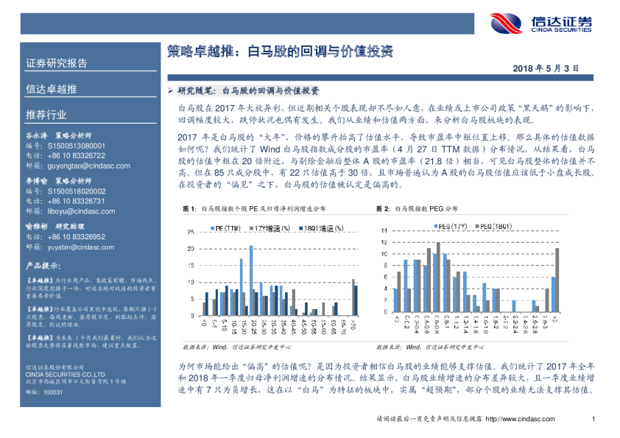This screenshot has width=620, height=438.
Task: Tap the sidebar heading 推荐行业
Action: coord(46,115)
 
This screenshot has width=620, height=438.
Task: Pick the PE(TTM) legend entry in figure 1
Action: coord(224,228)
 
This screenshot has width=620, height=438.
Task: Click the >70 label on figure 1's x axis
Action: coord(354,323)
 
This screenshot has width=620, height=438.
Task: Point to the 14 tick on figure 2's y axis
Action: coord(384,230)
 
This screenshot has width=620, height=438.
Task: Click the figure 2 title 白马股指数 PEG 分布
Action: coord(426,210)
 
